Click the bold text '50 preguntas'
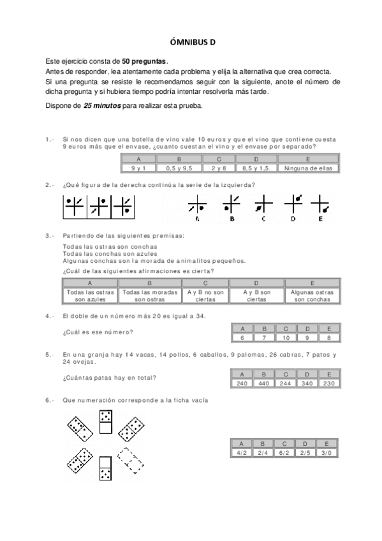click(x=144, y=61)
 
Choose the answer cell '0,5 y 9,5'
click(x=179, y=168)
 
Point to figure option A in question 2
click(x=196, y=206)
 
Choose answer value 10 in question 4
click(x=286, y=337)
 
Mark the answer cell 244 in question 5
click(x=286, y=383)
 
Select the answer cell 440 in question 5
click(x=263, y=383)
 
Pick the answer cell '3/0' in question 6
click(x=327, y=452)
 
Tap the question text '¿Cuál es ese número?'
click(x=98, y=332)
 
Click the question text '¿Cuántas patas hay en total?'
click(x=109, y=378)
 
